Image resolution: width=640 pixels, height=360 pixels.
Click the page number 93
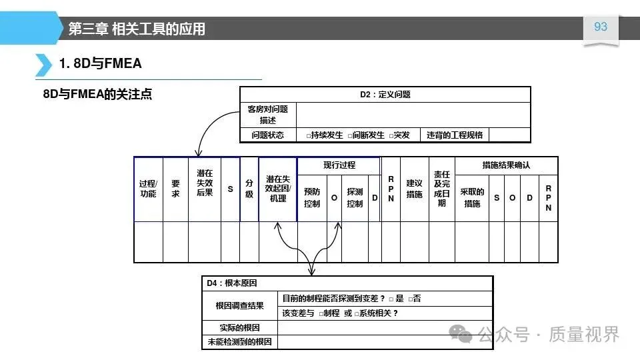click(601, 27)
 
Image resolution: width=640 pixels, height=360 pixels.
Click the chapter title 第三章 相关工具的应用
click(137, 29)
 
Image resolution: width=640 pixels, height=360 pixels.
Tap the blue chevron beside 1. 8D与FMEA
click(43, 64)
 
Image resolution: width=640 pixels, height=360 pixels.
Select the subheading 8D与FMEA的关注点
click(97, 94)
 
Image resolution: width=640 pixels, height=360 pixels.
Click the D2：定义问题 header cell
click(385, 95)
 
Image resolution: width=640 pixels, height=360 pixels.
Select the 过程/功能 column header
click(148, 189)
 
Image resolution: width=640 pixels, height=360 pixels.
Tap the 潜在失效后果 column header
click(205, 183)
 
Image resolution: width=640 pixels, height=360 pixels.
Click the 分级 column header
click(249, 189)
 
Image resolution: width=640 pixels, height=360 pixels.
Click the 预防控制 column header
click(312, 198)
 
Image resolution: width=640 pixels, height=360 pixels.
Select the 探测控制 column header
click(355, 198)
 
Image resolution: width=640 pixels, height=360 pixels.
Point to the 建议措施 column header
click(414, 189)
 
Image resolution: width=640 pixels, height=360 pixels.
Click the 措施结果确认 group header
click(506, 165)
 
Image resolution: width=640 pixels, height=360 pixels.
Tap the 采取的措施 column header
click(472, 198)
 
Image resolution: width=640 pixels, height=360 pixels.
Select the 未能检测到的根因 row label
click(239, 342)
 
